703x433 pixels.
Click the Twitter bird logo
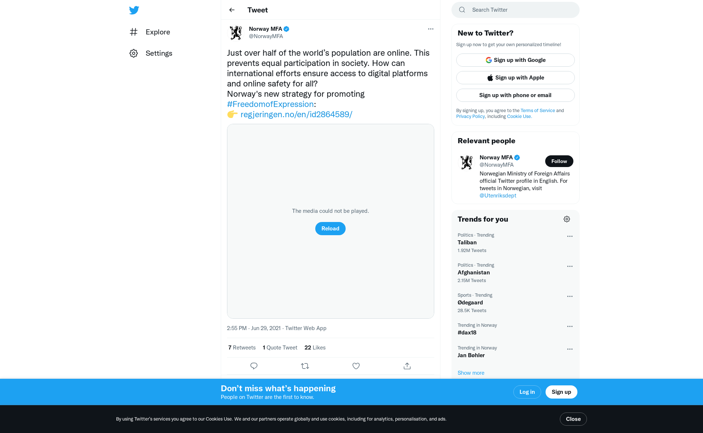[134, 10]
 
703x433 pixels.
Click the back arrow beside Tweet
[232, 10]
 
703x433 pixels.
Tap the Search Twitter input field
[520, 10]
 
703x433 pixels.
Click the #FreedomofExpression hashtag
[270, 104]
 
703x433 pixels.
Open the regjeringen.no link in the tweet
[296, 115]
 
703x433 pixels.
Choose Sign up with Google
[515, 60]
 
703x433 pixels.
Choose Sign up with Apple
[515, 78]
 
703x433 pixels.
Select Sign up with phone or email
[515, 95]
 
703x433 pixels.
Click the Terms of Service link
[538, 111]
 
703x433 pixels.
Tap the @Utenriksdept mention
[498, 196]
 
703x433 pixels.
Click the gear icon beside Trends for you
[566, 219]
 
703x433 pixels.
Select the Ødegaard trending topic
[470, 303]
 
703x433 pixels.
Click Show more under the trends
[471, 373]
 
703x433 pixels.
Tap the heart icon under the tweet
[356, 366]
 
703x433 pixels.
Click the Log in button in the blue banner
[527, 392]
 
